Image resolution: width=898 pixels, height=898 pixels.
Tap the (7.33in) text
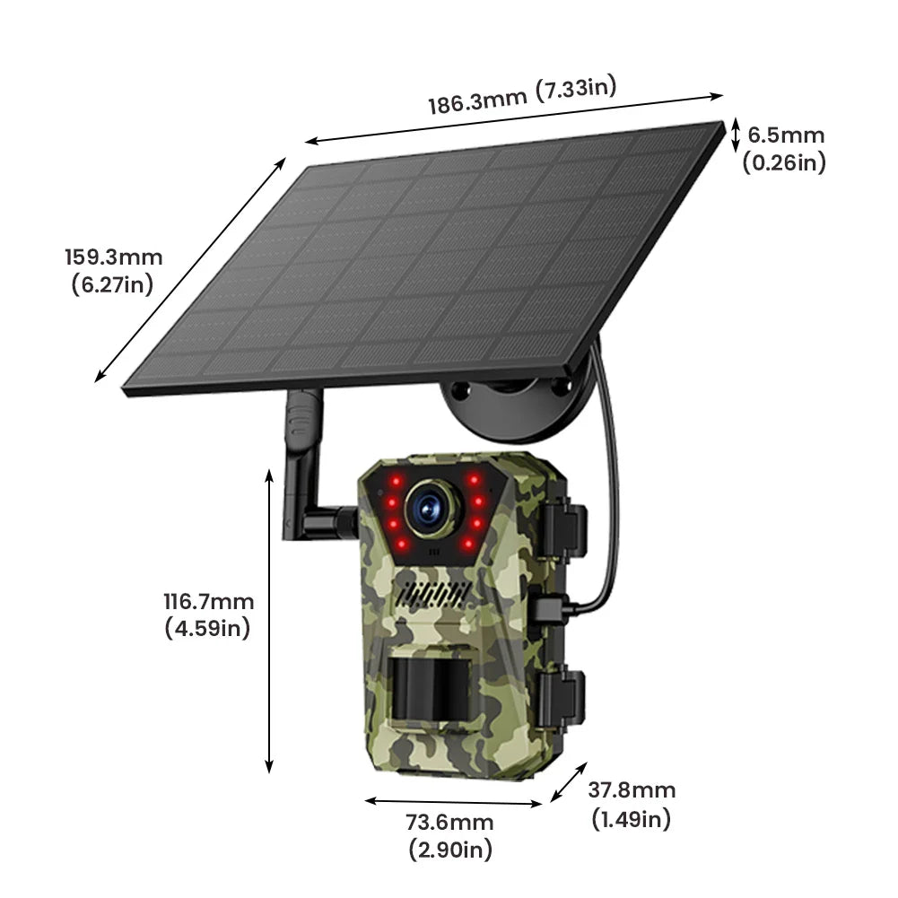(575, 88)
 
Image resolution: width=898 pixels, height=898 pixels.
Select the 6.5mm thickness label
(786, 135)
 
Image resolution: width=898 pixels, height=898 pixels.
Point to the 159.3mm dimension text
(113, 257)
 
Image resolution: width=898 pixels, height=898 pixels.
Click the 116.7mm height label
(208, 602)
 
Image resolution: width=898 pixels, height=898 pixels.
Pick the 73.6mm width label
(450, 823)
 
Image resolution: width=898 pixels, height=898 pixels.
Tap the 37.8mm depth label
(632, 790)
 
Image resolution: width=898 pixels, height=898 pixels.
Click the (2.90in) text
(450, 849)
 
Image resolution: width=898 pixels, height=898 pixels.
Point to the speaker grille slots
(434, 594)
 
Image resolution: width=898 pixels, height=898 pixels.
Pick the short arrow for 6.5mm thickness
(735, 135)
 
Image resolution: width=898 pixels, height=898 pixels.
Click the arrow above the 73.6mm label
(454, 801)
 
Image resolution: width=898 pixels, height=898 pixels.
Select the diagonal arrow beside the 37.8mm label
(569, 781)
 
